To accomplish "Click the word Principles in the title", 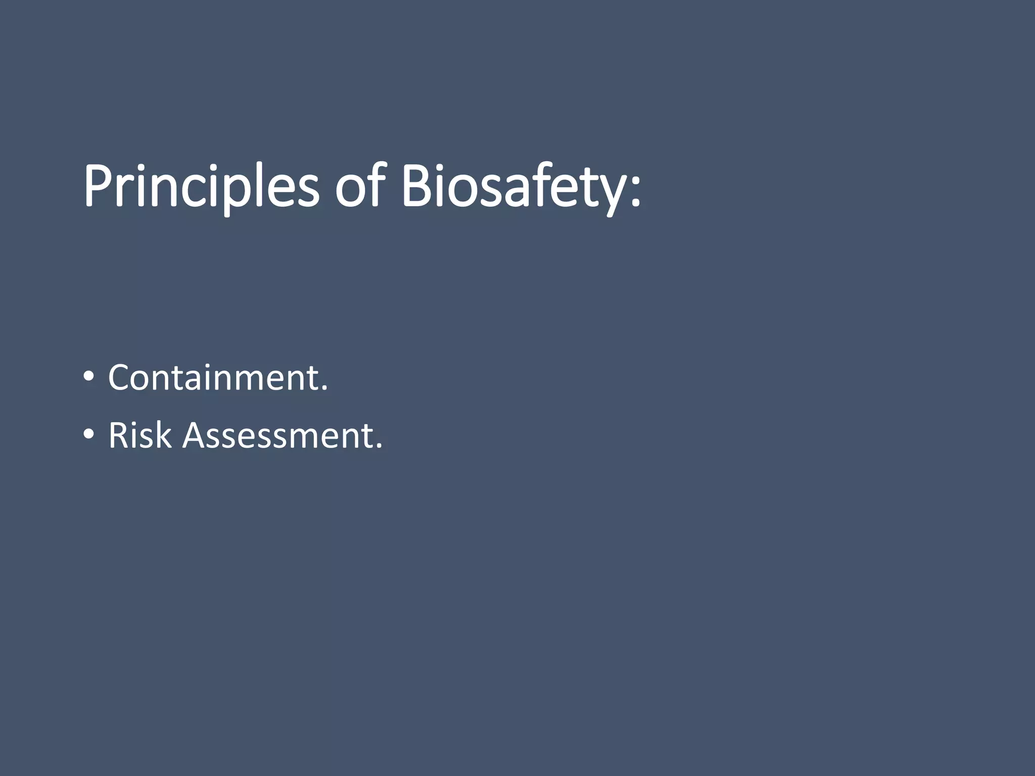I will (x=201, y=185).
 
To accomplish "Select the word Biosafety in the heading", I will (x=510, y=185).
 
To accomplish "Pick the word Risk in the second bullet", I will (x=140, y=435).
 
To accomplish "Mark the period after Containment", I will (x=324, y=390).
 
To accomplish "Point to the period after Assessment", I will (x=379, y=447).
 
